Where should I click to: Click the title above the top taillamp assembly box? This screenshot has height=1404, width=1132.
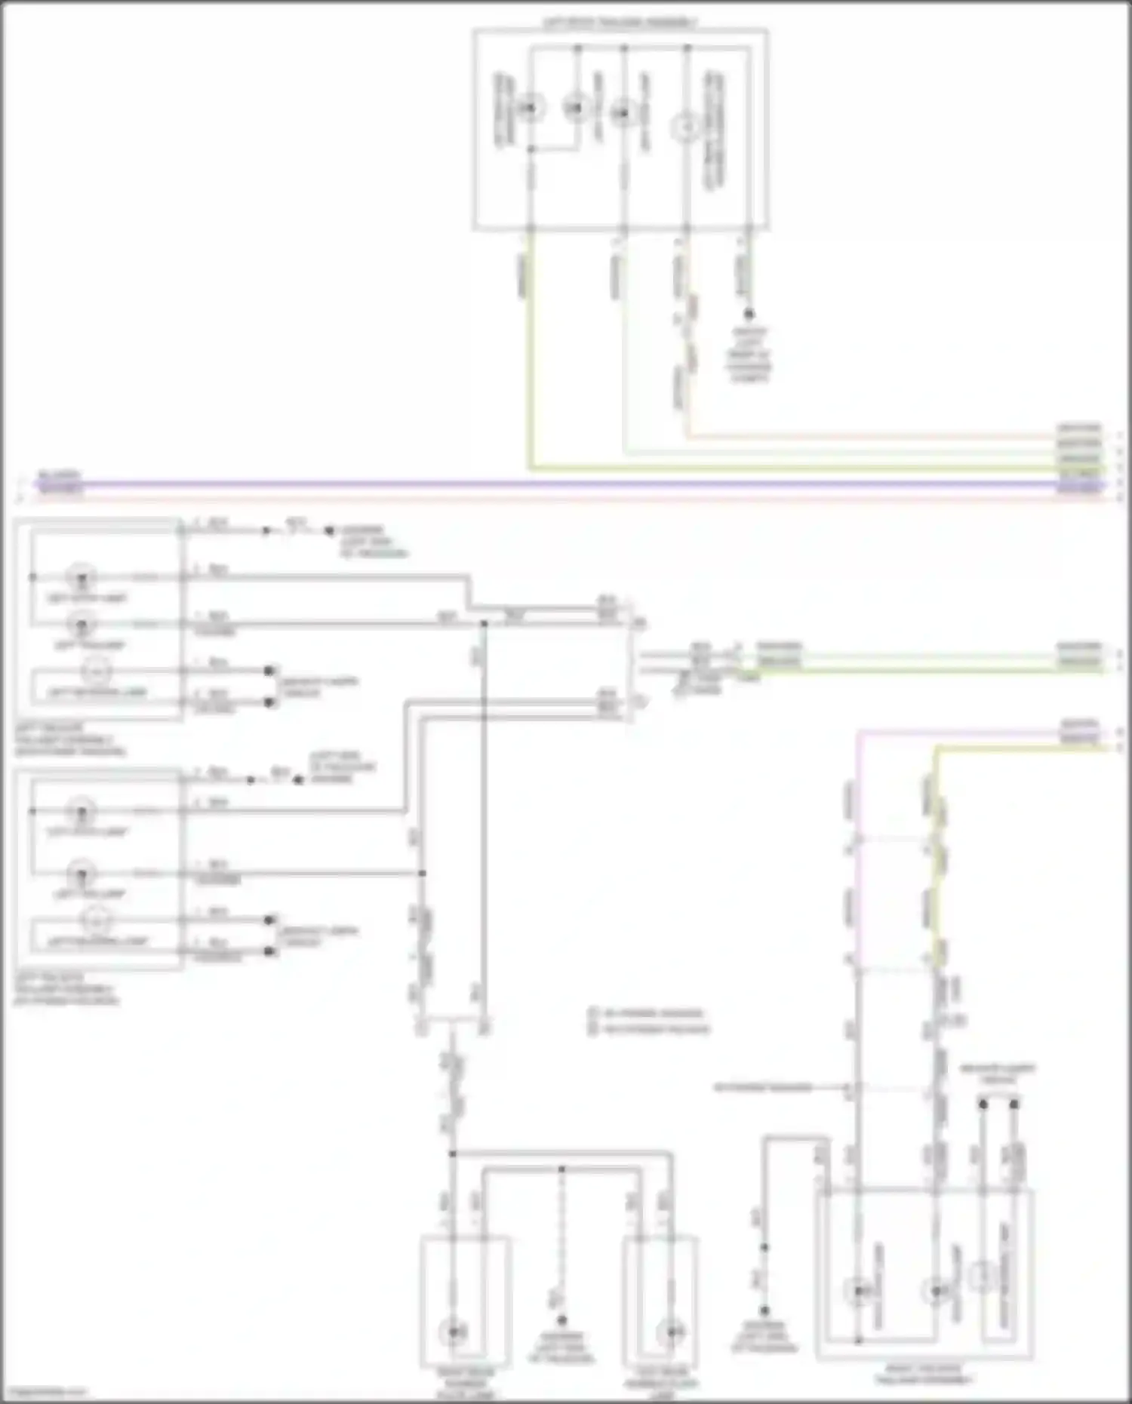[620, 23]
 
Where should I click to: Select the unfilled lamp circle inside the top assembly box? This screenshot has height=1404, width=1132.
[685, 128]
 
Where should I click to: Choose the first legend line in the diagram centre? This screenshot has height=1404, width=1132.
[649, 1013]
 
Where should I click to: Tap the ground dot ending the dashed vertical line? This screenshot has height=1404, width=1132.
[561, 1320]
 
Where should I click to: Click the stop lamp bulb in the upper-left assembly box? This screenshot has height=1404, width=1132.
[81, 578]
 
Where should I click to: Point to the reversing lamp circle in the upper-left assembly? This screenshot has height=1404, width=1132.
[96, 670]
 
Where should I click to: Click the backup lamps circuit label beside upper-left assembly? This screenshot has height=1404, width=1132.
[318, 687]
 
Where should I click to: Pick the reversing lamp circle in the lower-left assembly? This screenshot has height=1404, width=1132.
[96, 920]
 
